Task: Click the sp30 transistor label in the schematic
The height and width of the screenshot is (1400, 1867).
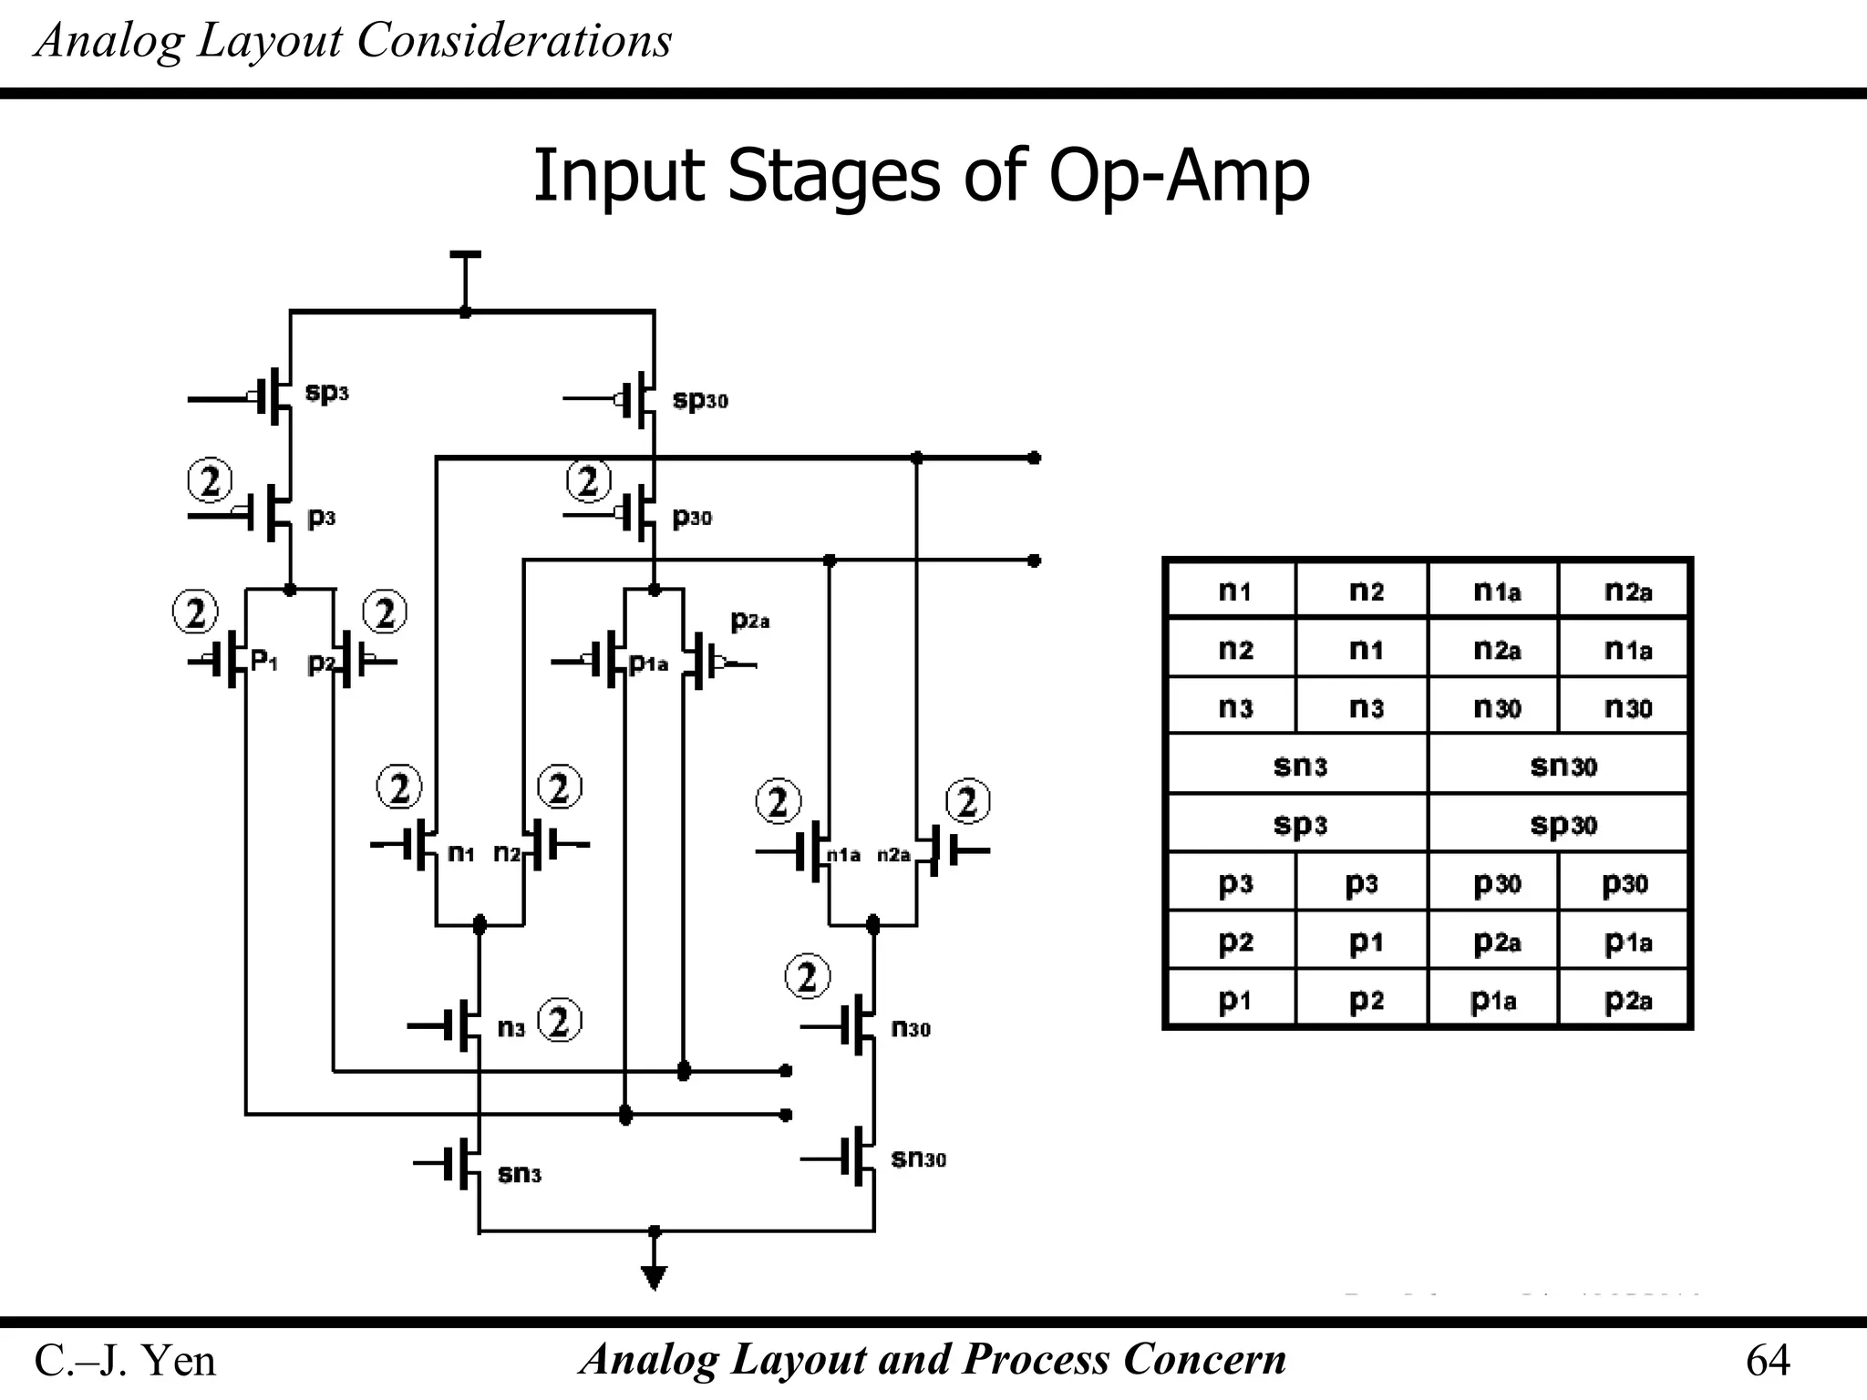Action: click(x=699, y=400)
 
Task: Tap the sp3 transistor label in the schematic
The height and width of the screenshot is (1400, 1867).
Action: click(x=326, y=393)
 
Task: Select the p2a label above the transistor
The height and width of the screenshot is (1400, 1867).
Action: click(x=750, y=621)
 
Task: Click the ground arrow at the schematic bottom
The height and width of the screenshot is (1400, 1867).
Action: click(x=654, y=1277)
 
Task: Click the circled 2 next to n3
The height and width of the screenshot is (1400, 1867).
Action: click(x=560, y=1021)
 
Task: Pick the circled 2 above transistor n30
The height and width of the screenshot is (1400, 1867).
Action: click(x=807, y=976)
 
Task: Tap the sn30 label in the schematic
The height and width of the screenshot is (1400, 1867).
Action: click(x=918, y=1158)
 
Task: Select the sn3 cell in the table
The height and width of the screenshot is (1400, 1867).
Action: click(x=1299, y=766)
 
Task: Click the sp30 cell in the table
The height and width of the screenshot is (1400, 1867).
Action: click(x=1563, y=824)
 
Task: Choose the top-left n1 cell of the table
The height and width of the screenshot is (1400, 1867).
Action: click(x=1234, y=592)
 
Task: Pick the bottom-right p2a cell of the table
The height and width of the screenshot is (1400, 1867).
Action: click(x=1627, y=1000)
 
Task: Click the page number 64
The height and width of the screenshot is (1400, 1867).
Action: click(x=1767, y=1360)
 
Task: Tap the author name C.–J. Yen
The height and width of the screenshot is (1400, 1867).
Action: click(x=125, y=1361)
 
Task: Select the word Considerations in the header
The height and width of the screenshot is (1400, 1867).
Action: click(x=514, y=41)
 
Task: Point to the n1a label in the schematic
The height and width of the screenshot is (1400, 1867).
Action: click(x=843, y=855)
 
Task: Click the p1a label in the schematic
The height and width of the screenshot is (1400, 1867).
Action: click(x=648, y=664)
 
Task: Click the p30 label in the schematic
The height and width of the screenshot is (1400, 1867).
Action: click(x=691, y=518)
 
